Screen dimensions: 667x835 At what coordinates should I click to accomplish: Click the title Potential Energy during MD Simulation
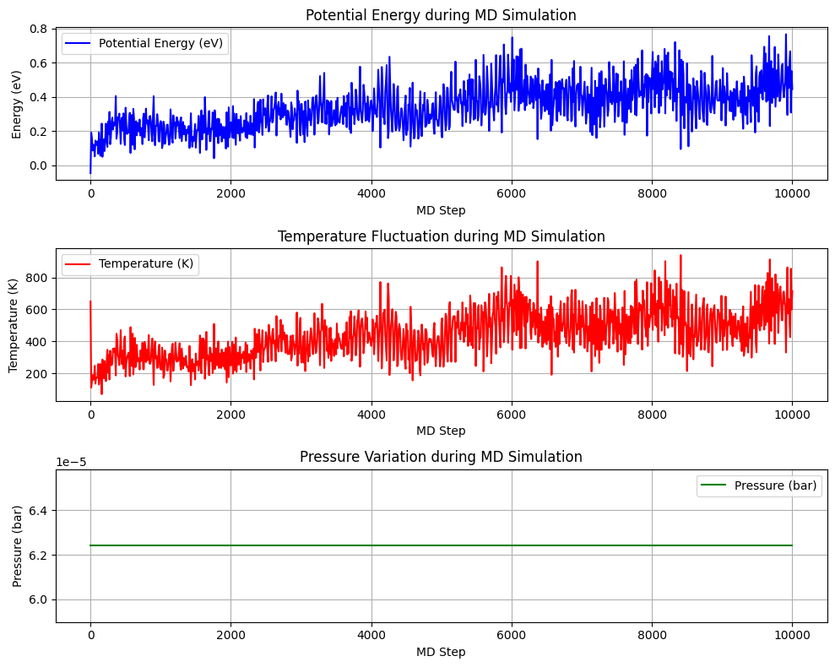point(441,15)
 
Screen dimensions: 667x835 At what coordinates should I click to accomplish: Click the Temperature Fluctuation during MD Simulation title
point(441,236)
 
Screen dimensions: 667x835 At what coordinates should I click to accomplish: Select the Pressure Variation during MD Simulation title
point(441,457)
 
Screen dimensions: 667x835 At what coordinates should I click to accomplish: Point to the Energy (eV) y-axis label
point(17,103)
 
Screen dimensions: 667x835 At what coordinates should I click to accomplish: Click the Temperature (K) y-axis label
point(14,324)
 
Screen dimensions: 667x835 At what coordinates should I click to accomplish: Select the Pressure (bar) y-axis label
point(17,545)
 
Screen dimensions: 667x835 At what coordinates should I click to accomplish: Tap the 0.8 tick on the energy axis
point(39,29)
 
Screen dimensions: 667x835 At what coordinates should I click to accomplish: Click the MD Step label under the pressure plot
point(441,652)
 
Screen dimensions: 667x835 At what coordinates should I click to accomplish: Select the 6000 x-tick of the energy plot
point(511,194)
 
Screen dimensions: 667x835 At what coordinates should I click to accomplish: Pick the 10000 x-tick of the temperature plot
point(791,415)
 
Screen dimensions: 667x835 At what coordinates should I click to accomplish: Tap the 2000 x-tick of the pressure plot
point(230,637)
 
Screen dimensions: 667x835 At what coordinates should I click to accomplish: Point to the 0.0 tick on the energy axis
point(39,165)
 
